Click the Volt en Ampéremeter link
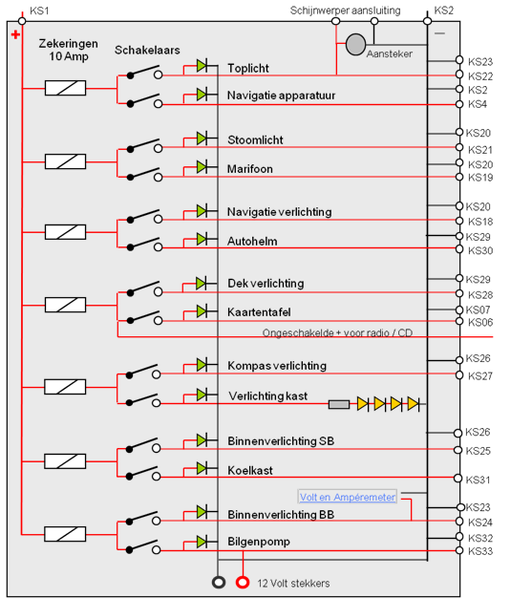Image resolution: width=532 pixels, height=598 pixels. tap(348, 497)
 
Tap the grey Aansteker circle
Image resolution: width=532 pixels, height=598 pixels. tap(356, 44)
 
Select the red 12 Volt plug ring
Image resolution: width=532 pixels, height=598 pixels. tap(243, 583)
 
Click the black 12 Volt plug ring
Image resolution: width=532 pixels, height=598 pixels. tap(219, 583)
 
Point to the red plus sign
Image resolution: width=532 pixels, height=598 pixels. tap(15, 35)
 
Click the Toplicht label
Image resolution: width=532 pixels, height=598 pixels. tap(248, 68)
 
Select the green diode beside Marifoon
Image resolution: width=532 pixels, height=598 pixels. tap(202, 166)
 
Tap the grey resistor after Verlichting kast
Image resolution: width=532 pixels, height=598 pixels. tap(339, 404)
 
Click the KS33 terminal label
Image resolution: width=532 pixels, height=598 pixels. tap(480, 551)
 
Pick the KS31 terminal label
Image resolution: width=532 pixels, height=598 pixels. tap(478, 480)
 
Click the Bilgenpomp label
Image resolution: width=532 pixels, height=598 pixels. tap(259, 542)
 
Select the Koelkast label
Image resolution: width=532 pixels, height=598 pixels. tap(250, 470)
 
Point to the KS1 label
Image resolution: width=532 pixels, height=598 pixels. tap(39, 11)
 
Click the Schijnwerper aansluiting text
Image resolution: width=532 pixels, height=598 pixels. tap(345, 11)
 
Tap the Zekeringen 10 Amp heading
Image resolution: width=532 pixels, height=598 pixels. tap(68, 50)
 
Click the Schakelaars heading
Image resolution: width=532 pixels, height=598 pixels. tap(147, 50)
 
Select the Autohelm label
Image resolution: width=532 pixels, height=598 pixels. tap(252, 242)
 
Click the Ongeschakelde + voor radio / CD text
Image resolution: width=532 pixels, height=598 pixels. tap(337, 333)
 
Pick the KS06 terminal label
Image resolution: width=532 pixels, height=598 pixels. tap(480, 322)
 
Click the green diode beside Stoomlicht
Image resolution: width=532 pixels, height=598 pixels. tap(202, 139)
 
